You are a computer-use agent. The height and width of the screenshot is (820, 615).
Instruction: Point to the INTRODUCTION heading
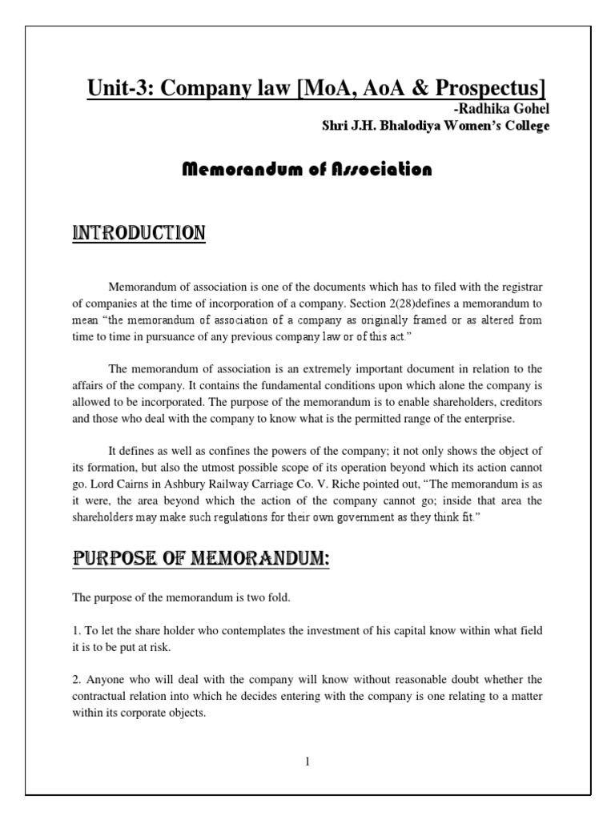pyautogui.click(x=139, y=233)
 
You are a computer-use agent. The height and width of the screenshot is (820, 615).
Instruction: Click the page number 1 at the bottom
pyautogui.click(x=307, y=762)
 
